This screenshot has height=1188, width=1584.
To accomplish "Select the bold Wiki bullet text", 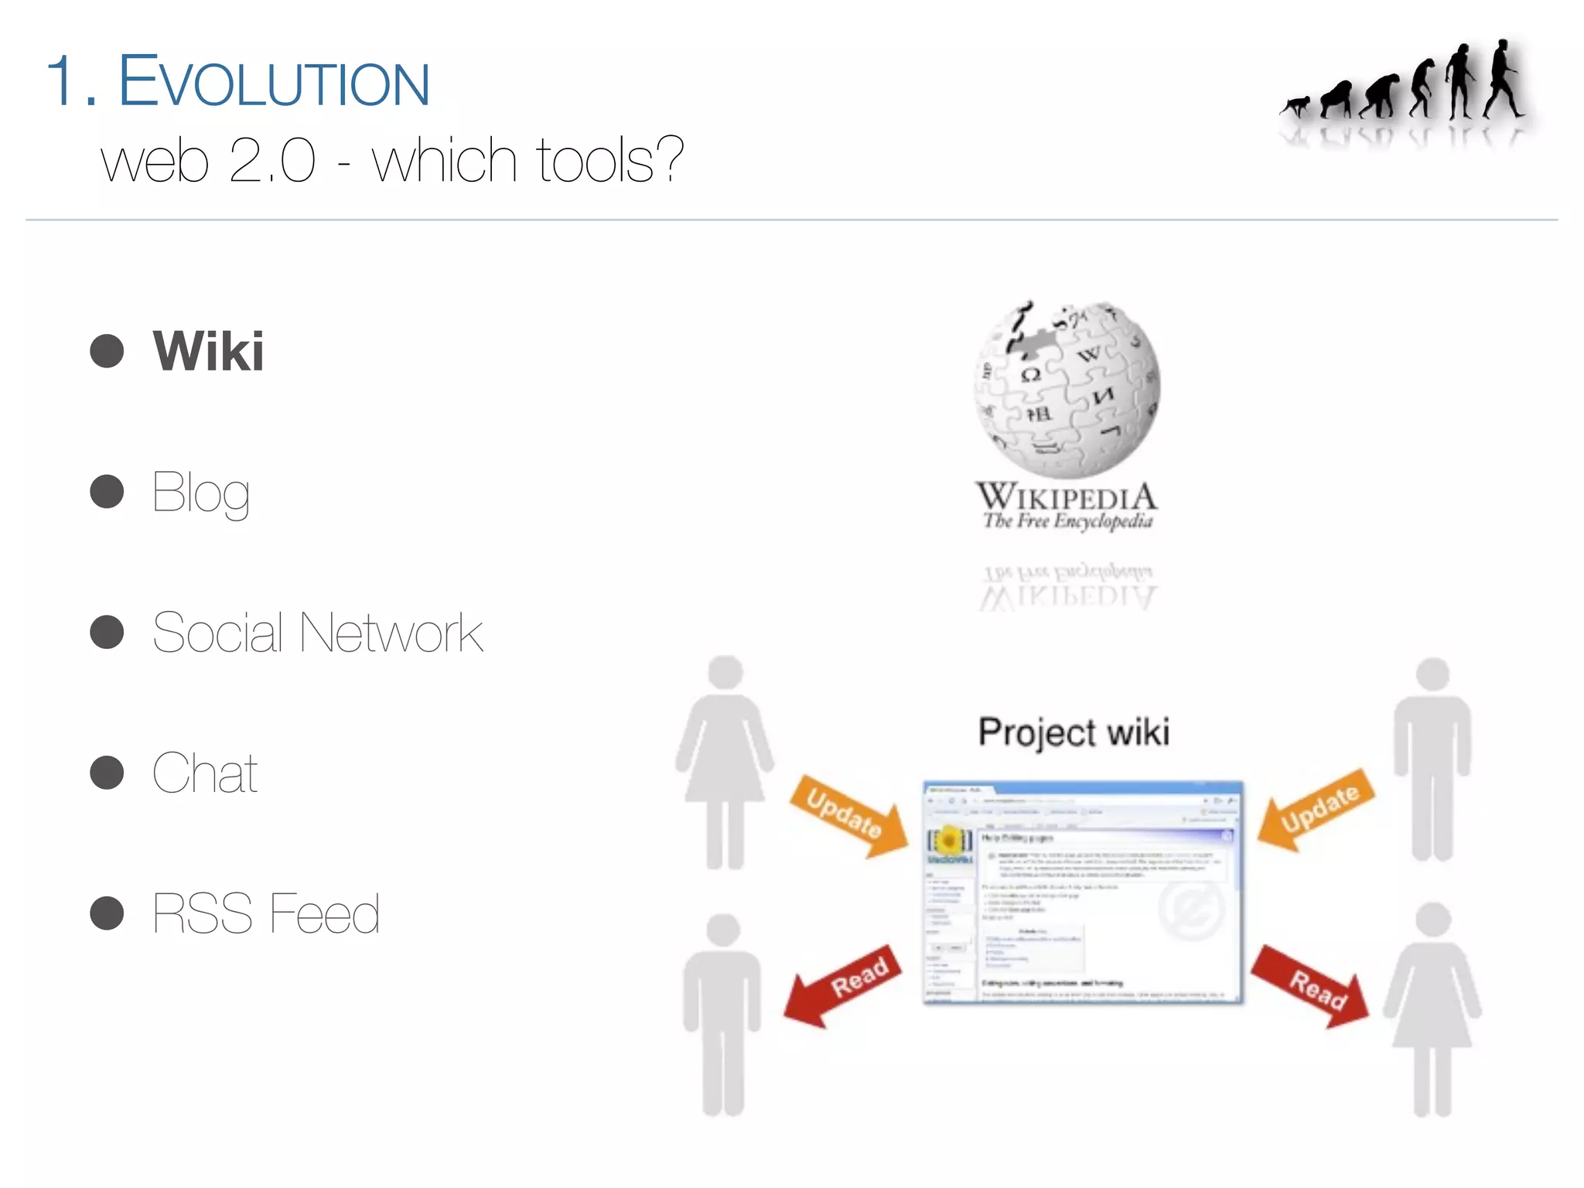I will (x=208, y=351).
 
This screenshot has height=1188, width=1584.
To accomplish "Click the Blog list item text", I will (x=201, y=493).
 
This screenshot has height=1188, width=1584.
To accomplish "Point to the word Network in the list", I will (x=391, y=633).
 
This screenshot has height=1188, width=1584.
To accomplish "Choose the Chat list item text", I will (x=205, y=773).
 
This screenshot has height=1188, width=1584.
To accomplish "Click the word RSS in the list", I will (x=202, y=913).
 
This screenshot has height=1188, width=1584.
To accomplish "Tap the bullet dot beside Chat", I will (x=107, y=773).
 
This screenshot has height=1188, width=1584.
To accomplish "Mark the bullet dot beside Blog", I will (x=107, y=492).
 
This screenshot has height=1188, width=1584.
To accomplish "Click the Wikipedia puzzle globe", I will (x=1067, y=390).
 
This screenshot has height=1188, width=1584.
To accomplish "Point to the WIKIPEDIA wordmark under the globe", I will (x=1067, y=496).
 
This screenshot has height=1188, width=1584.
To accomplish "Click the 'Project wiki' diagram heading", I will (x=1074, y=732).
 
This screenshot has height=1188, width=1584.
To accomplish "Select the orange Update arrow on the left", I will (x=848, y=815).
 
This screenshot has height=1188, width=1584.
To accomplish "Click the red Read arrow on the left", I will (x=844, y=985).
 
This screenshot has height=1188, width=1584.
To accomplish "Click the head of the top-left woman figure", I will (x=725, y=671).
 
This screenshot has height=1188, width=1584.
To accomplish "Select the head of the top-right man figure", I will (x=1432, y=674).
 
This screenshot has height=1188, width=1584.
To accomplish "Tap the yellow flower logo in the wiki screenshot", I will (x=950, y=839).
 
